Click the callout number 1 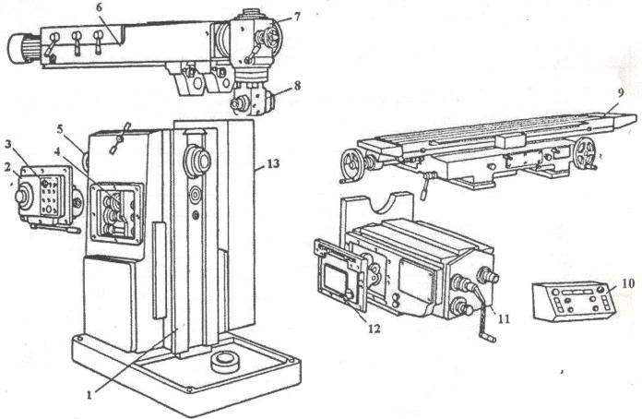pyautogui.click(x=89, y=395)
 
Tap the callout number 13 pyautogui.click(x=273, y=164)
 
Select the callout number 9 pyautogui.click(x=620, y=93)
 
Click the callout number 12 pyautogui.click(x=374, y=329)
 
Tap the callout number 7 pyautogui.click(x=296, y=17)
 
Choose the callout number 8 pyautogui.click(x=297, y=86)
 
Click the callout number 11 pyautogui.click(x=504, y=318)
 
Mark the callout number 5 pyautogui.click(x=60, y=129)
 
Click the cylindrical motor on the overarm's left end pyautogui.click(x=19, y=48)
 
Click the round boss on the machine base pyautogui.click(x=225, y=362)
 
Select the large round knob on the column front pyautogui.click(x=197, y=161)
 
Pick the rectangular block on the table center pyautogui.click(x=510, y=140)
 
